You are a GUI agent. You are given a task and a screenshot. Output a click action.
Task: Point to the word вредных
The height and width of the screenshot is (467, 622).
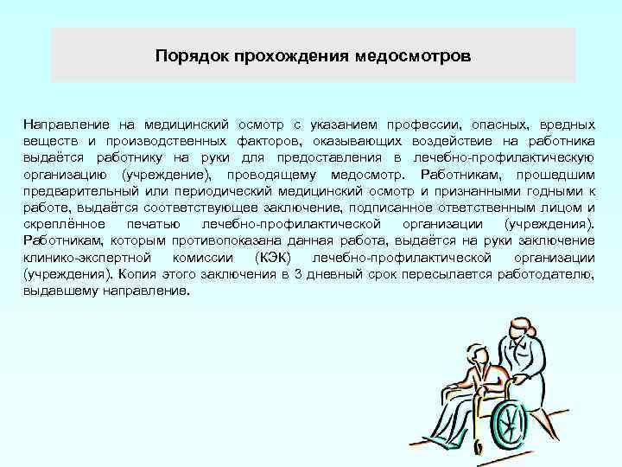click(565, 124)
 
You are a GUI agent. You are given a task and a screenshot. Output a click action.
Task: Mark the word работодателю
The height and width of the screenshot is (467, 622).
click(549, 274)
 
